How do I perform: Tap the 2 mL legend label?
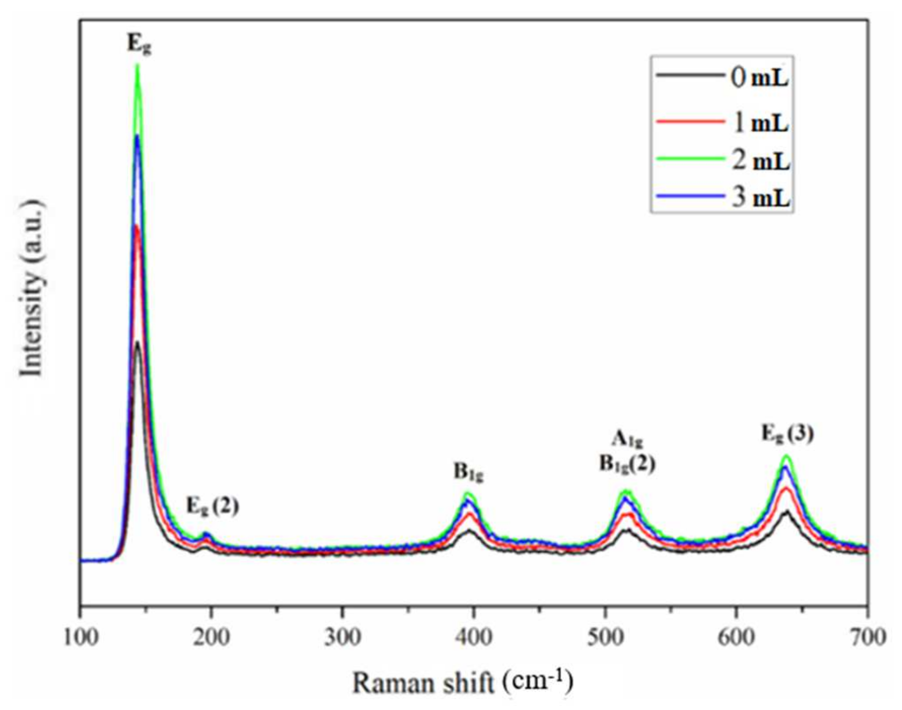click(761, 161)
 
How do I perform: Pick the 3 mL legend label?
click(761, 198)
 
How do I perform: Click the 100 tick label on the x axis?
click(81, 637)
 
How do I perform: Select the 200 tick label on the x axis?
click(212, 637)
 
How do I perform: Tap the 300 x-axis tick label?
click(343, 637)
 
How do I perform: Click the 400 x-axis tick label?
click(474, 637)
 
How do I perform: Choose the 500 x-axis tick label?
click(605, 637)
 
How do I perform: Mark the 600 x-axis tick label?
click(736, 637)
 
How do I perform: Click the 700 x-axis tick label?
click(867, 637)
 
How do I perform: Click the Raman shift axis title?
click(463, 682)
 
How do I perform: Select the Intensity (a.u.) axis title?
click(32, 289)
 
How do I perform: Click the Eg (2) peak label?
click(213, 506)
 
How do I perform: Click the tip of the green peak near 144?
click(138, 65)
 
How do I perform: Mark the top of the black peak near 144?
click(137, 343)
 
